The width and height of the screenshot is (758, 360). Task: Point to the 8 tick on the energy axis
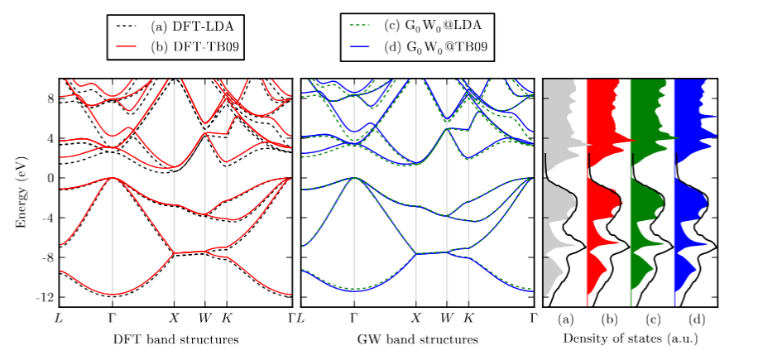click(x=49, y=98)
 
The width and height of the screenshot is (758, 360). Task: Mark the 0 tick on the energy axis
click(x=49, y=177)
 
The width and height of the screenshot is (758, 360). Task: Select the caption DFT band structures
click(x=175, y=339)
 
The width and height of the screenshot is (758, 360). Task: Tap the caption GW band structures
click(x=417, y=339)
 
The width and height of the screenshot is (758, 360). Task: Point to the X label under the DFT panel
click(x=174, y=318)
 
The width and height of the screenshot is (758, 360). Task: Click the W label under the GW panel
click(x=446, y=318)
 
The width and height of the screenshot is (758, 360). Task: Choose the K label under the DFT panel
click(x=228, y=318)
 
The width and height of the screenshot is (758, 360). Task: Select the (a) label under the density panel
click(x=565, y=319)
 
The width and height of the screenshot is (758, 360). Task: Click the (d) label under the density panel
click(x=696, y=319)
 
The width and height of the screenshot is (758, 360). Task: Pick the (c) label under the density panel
click(x=652, y=319)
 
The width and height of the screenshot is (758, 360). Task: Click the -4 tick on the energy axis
click(x=46, y=217)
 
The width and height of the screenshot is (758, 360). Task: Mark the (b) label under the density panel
click(x=608, y=319)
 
